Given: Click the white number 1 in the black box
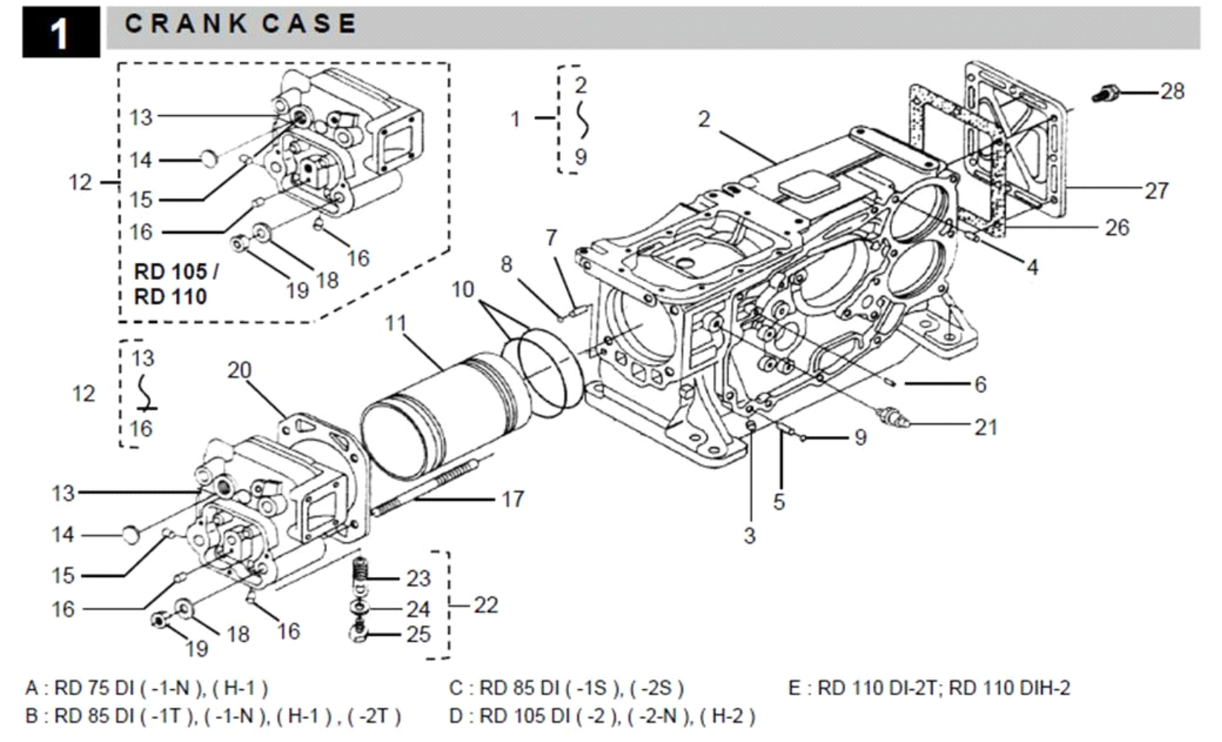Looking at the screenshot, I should pyautogui.click(x=59, y=33).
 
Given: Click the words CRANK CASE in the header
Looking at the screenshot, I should pyautogui.click(x=240, y=24).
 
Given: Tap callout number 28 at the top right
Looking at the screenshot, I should pyautogui.click(x=1172, y=91).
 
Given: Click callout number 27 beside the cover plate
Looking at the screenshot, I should pyautogui.click(x=1156, y=191).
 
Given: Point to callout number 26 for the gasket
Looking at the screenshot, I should pyautogui.click(x=1117, y=227).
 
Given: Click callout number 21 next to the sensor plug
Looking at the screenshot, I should pyautogui.click(x=986, y=427).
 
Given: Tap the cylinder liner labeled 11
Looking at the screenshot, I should pyautogui.click(x=438, y=416).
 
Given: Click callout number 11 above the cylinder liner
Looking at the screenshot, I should pyautogui.click(x=396, y=323).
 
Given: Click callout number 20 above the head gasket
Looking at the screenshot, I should pyautogui.click(x=239, y=370).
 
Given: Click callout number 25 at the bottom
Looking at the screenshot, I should pyautogui.click(x=418, y=634).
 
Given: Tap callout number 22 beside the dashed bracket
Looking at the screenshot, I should pyautogui.click(x=486, y=605).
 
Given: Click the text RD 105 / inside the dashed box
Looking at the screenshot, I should pyautogui.click(x=176, y=272).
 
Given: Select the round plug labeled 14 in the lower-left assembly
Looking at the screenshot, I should pyautogui.click(x=131, y=533).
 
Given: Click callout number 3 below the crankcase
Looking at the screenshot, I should pyautogui.click(x=750, y=535).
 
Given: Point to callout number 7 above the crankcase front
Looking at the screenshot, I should pyautogui.click(x=550, y=238).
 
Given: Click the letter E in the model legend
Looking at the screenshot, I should pyautogui.click(x=794, y=689).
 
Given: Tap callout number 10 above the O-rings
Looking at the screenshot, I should pyautogui.click(x=462, y=289).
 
